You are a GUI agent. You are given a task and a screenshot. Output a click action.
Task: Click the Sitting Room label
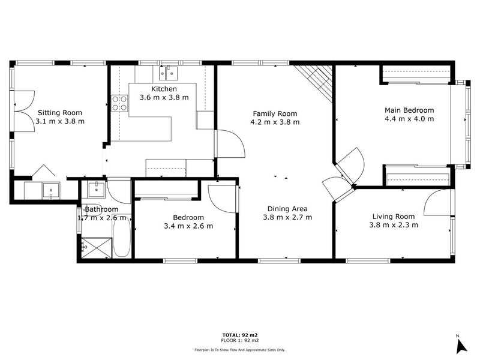60,113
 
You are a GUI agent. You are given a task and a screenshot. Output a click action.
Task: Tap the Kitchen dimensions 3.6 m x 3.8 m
164,97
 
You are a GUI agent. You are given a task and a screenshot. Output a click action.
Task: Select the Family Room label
275,113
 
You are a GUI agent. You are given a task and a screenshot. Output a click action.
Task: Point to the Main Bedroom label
409,110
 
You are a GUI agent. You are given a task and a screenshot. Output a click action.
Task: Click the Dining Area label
287,209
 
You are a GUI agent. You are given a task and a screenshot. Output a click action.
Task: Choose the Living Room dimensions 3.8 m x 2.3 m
394,225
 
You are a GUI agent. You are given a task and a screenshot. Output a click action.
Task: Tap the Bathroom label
101,209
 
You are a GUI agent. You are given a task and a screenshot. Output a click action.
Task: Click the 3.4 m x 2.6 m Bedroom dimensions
188,226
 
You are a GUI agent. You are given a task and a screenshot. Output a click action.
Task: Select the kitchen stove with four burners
119,103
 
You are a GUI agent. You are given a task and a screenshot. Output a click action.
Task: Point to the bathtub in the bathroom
122,238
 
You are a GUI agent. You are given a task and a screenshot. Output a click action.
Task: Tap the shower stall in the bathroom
96,248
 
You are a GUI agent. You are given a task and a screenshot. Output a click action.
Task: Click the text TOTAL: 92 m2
240,335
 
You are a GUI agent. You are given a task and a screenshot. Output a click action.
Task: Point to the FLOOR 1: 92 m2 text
240,340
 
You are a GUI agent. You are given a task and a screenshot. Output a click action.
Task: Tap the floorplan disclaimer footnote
240,350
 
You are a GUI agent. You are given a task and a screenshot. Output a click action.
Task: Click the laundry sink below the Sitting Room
51,191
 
